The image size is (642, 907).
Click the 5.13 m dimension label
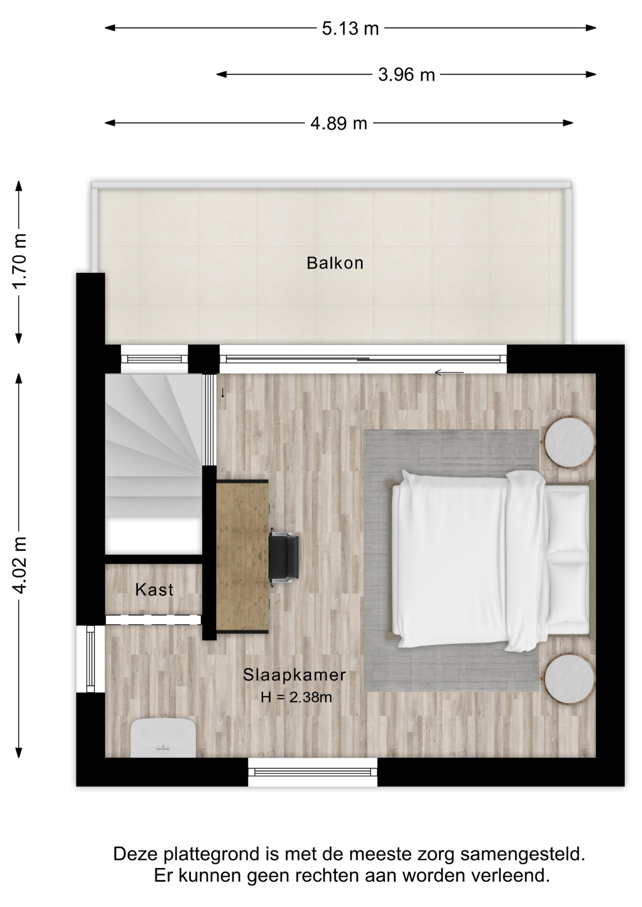point(350,29)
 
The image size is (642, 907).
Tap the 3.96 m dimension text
point(406,75)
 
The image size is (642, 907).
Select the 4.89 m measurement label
point(338,123)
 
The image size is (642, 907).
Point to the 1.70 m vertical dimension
point(19,261)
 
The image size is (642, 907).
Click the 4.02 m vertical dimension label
point(19,565)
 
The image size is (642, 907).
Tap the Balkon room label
point(335,263)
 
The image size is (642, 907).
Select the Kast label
point(154,590)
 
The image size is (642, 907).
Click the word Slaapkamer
point(295,675)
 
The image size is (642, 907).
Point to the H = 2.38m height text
point(296,697)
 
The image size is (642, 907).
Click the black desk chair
point(283,557)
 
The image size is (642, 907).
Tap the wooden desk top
point(242,556)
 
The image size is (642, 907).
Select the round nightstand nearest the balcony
point(569,442)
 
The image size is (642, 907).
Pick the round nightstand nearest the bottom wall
point(569,679)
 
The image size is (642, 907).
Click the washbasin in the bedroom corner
point(163,737)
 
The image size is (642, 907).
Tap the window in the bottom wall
point(312,772)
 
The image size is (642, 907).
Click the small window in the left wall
point(90,659)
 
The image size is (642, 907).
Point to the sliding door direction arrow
point(449,372)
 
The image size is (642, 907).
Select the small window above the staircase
point(155,359)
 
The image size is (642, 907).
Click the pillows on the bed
point(568,558)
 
